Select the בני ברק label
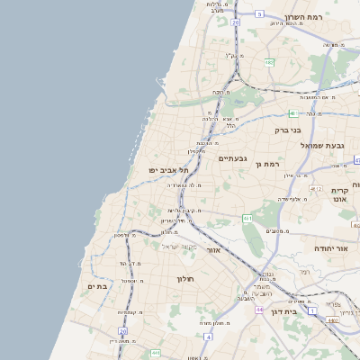coord(288,130)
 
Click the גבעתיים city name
coord(232,157)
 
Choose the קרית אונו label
coord(339,194)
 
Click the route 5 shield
coord(259,14)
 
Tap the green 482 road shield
coord(269,62)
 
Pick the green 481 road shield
coord(292,113)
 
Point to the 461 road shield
coord(247,218)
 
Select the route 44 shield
coord(259,310)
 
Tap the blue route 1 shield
coord(312,310)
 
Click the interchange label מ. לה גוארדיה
coord(184,185)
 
